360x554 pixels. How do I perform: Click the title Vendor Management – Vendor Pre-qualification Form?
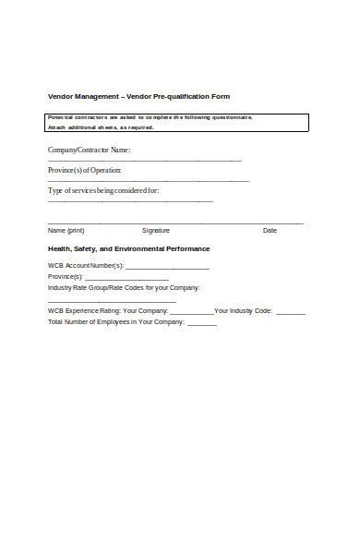138,96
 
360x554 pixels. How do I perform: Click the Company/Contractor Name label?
89,149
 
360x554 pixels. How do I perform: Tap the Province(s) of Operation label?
84,170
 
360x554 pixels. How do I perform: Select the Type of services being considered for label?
103,191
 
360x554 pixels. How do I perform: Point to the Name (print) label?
66,230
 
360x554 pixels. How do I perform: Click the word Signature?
156,230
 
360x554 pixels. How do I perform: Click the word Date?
270,230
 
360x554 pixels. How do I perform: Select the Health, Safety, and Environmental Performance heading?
128,248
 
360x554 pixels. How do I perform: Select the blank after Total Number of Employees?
201,324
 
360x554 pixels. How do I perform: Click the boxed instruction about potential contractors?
177,122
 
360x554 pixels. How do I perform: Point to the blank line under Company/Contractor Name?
144,160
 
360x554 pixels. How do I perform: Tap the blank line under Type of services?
130,201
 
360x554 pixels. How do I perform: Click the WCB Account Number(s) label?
85,266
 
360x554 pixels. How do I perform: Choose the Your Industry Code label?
244,311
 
